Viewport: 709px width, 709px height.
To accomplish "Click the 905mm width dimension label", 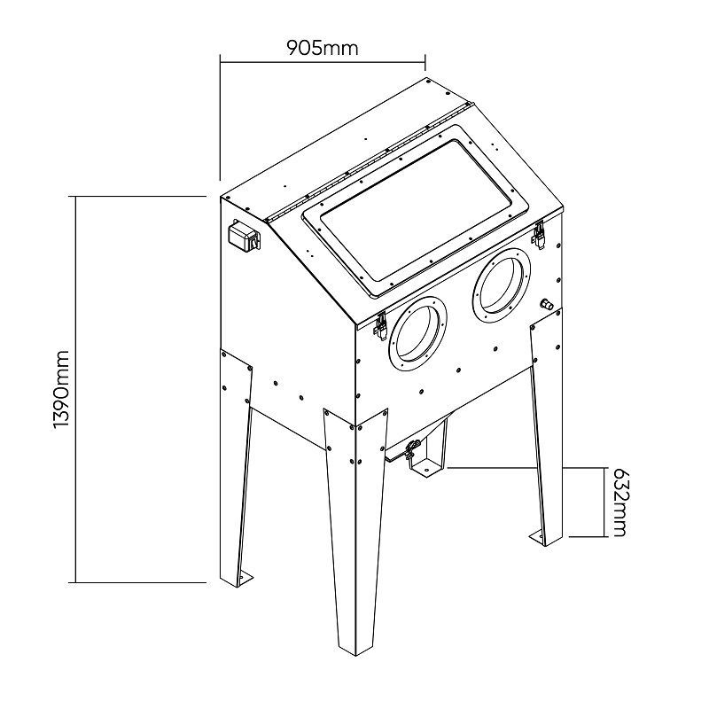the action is (323, 47).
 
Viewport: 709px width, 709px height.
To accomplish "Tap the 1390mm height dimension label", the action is (60, 389).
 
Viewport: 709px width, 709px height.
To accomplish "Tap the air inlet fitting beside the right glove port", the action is (547, 304).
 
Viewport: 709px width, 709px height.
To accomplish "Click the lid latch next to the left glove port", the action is (380, 324).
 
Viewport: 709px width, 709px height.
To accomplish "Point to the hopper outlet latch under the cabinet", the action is (411, 451).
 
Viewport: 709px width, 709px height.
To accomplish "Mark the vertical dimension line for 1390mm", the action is (75, 389).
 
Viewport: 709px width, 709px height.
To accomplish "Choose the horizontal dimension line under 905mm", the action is (323, 62).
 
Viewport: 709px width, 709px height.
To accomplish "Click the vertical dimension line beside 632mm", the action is (604, 502).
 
